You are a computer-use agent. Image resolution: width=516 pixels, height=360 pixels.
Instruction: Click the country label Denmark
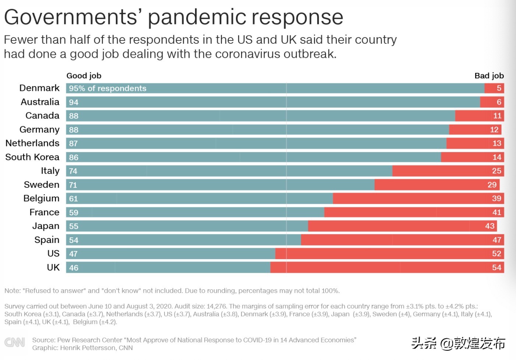[39, 88]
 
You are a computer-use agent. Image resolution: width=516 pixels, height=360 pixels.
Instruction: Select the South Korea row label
[32, 157]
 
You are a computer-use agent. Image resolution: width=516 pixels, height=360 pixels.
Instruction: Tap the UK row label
[53, 268]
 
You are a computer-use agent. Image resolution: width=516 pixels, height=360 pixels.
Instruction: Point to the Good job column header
[84, 76]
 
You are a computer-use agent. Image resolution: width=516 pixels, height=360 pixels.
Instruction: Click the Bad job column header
[489, 76]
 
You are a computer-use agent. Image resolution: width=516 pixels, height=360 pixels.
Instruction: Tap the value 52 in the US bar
[496, 254]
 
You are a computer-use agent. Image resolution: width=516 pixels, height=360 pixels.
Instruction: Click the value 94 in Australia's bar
[74, 102]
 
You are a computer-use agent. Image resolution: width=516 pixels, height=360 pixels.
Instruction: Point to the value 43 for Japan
[490, 226]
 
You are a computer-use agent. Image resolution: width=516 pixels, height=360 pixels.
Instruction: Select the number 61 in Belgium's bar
[74, 199]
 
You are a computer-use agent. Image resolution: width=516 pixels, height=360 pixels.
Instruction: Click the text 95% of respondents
[107, 88]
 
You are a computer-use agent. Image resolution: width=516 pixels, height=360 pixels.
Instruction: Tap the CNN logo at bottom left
[15, 343]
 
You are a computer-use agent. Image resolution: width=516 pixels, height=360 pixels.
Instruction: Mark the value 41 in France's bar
[496, 212]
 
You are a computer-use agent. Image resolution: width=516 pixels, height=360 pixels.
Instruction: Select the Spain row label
[47, 240]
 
